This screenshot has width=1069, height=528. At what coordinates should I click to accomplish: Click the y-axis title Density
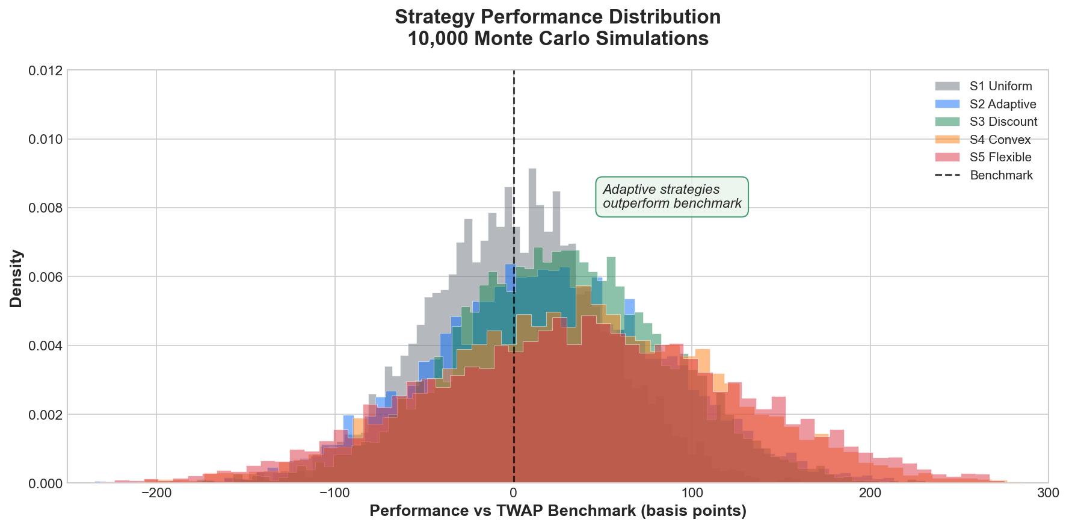point(16,278)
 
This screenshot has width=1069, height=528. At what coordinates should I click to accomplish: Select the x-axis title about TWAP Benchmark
point(558,511)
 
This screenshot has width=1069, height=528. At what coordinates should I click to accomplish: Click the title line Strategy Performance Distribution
point(558,17)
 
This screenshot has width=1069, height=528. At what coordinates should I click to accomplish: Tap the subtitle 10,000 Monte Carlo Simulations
point(558,39)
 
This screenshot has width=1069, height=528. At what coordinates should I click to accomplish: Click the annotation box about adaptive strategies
point(672,197)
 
